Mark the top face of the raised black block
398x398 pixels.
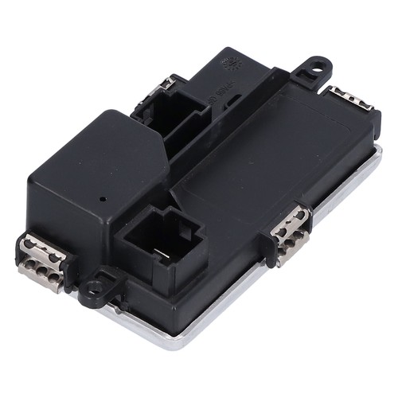(x=111, y=159)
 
